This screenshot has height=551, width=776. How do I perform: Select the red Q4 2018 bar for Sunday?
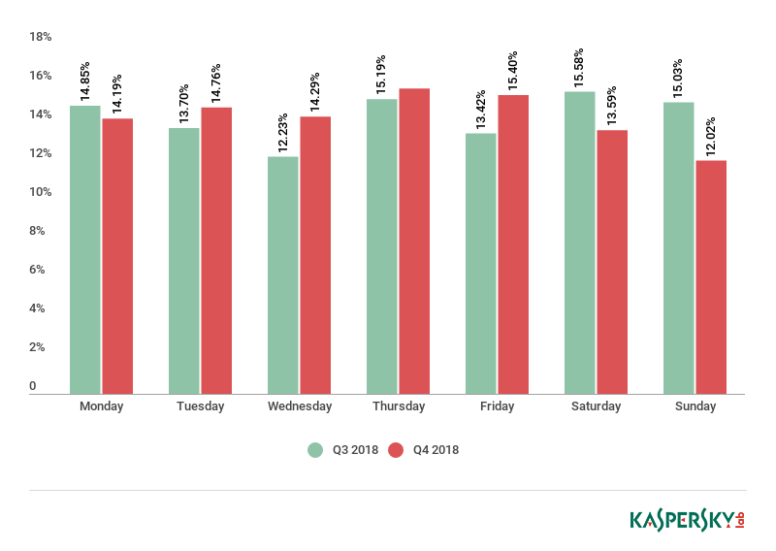pos(711,276)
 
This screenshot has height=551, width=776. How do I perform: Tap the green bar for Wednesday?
pos(282,275)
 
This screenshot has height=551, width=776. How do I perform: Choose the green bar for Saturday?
pos(579,243)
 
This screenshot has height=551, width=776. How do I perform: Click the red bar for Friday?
pos(513,243)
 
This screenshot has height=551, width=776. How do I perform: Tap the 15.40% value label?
pos(512,70)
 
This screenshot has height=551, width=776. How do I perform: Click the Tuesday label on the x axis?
pos(200,406)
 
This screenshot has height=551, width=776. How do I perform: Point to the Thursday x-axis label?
pos(398,406)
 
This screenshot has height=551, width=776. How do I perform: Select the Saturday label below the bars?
pos(596,406)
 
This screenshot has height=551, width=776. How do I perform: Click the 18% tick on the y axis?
pos(40,37)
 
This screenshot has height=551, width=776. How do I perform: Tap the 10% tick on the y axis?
pos(40,192)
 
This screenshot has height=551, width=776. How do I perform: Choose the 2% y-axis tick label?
pos(37,347)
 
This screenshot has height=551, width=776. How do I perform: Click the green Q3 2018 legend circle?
pos(315,449)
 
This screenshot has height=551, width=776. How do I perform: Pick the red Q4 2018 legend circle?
pos(396,449)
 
